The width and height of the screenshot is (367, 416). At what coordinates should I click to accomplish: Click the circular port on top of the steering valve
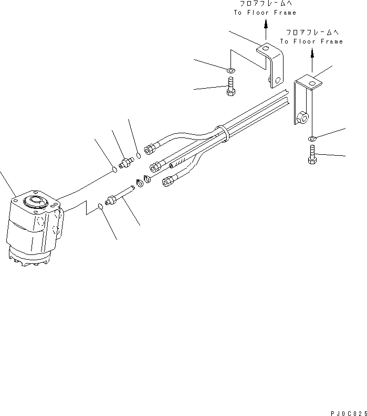[x=36, y=201]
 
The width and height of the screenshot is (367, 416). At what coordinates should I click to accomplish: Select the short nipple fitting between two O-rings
[x=126, y=163]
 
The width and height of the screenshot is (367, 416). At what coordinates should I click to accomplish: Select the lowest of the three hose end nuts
[x=169, y=182]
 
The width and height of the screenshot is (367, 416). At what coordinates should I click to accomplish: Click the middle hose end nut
[x=156, y=167]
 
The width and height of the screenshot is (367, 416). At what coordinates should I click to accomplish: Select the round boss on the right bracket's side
[x=302, y=119]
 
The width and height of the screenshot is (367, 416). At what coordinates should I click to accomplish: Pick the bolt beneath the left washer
[x=230, y=86]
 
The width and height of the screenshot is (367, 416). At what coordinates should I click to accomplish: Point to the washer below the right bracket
[x=312, y=138]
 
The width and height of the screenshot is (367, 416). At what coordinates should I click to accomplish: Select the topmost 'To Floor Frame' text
[x=266, y=12]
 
